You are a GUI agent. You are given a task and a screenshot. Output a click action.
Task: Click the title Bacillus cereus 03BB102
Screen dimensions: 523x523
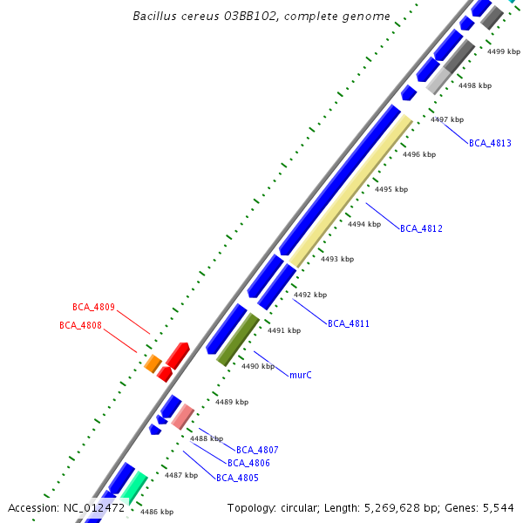pyautogui.click(x=261, y=16)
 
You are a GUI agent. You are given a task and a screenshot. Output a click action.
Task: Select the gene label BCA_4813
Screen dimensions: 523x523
pyautogui.click(x=490, y=142)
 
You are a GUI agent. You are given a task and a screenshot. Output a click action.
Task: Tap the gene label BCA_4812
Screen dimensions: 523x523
pyautogui.click(x=421, y=228)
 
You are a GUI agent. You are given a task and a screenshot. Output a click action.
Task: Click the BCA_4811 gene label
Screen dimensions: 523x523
pyautogui.click(x=349, y=323)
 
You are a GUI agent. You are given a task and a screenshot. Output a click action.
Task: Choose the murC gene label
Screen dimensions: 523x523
pyautogui.click(x=301, y=374)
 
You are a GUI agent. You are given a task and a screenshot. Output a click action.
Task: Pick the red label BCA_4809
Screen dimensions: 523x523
pyautogui.click(x=93, y=307)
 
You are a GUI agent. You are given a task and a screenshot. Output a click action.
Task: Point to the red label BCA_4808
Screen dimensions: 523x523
pyautogui.click(x=80, y=325)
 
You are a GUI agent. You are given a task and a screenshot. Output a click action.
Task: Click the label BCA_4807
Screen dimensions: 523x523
pyautogui.click(x=257, y=450)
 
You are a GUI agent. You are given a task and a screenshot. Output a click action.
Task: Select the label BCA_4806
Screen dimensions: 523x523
pyautogui.click(x=248, y=463)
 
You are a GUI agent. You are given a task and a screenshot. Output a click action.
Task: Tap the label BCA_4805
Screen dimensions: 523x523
pyautogui.click(x=237, y=478)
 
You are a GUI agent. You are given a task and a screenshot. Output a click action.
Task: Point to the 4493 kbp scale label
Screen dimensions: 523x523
pyautogui.click(x=337, y=259)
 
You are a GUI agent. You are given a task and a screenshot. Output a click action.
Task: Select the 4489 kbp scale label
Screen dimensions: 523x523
pyautogui.click(x=232, y=402)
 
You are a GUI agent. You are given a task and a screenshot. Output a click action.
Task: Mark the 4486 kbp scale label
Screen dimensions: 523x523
pyautogui.click(x=157, y=512)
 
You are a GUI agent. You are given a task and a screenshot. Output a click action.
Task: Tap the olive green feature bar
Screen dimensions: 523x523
pyautogui.click(x=238, y=339)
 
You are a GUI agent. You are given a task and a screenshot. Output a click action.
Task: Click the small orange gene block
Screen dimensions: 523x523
pyautogui.click(x=153, y=363)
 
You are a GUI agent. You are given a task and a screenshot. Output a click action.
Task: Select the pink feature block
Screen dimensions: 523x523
pyautogui.click(x=182, y=417)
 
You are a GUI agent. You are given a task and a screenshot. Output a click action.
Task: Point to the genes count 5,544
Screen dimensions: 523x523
pyautogui.click(x=499, y=507)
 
